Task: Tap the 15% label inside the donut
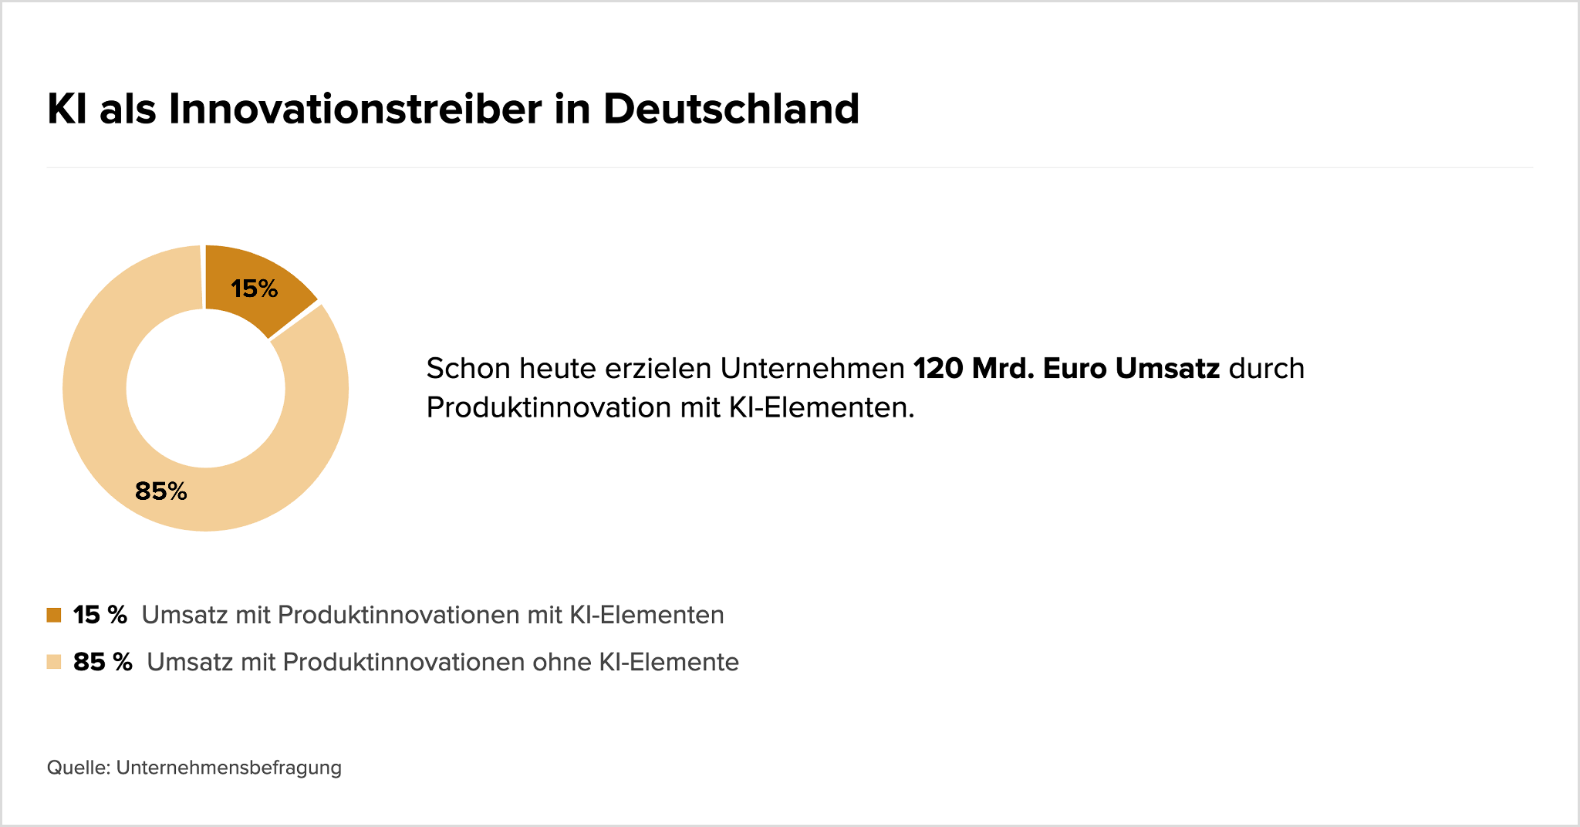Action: click(255, 289)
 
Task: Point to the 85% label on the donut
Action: click(161, 491)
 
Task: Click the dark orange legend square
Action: click(54, 615)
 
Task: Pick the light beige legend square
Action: click(54, 662)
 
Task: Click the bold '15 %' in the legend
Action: click(100, 615)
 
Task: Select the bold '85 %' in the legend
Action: click(103, 662)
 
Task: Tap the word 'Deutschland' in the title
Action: click(731, 109)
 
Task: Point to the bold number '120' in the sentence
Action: click(937, 369)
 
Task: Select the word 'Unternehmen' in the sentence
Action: click(812, 369)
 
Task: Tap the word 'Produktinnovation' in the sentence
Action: click(549, 407)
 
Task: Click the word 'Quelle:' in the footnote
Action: click(79, 768)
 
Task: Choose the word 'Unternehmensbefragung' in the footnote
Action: click(229, 768)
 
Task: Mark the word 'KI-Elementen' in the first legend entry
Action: click(647, 615)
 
